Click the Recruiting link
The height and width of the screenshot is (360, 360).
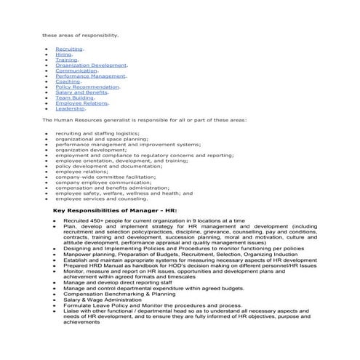click(x=68, y=49)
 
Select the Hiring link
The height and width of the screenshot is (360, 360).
click(x=64, y=55)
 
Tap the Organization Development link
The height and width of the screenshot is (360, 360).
click(x=90, y=65)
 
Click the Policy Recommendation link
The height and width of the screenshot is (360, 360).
click(x=87, y=87)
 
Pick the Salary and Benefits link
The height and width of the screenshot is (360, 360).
click(x=81, y=92)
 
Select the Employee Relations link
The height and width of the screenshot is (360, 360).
click(x=81, y=103)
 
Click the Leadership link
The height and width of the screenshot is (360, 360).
click(x=70, y=108)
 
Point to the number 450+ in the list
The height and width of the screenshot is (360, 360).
click(x=98, y=220)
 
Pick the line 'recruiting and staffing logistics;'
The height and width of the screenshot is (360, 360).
click(x=97, y=134)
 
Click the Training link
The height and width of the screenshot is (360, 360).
click(x=66, y=60)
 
